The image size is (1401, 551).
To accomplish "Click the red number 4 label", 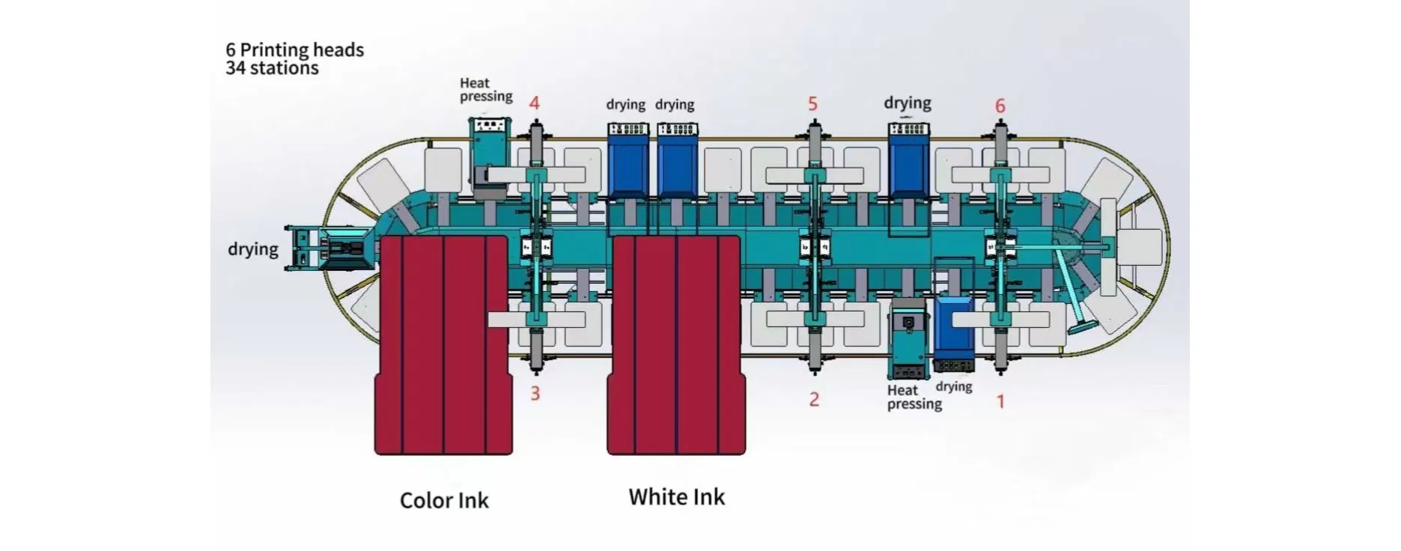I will [x=534, y=103].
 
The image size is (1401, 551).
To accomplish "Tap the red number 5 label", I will [x=812, y=103].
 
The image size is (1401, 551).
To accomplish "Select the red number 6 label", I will [x=1000, y=106].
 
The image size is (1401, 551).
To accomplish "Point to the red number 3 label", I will [x=535, y=393].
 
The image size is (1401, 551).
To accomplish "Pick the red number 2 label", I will [x=814, y=399].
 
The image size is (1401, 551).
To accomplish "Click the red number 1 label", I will [x=1000, y=401].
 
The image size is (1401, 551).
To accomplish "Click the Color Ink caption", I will [x=444, y=500].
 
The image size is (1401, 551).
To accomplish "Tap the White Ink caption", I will [x=676, y=497].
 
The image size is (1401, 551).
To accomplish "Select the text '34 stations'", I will [x=272, y=68].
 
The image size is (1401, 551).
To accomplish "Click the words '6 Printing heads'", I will [x=294, y=50].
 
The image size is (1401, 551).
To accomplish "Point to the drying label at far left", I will [x=252, y=249].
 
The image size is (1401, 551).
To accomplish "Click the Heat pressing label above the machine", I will [x=486, y=90].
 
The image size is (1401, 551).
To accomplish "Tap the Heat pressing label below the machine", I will [x=914, y=397].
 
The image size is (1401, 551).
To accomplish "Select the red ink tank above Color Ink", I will [x=444, y=344].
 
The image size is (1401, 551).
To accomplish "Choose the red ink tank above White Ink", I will [x=676, y=344].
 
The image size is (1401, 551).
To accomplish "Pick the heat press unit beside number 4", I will [x=487, y=150].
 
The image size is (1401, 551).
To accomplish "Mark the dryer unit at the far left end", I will [x=329, y=248].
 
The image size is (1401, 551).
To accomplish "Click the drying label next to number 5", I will [x=908, y=103].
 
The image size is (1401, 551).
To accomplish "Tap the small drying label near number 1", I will [x=954, y=386].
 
